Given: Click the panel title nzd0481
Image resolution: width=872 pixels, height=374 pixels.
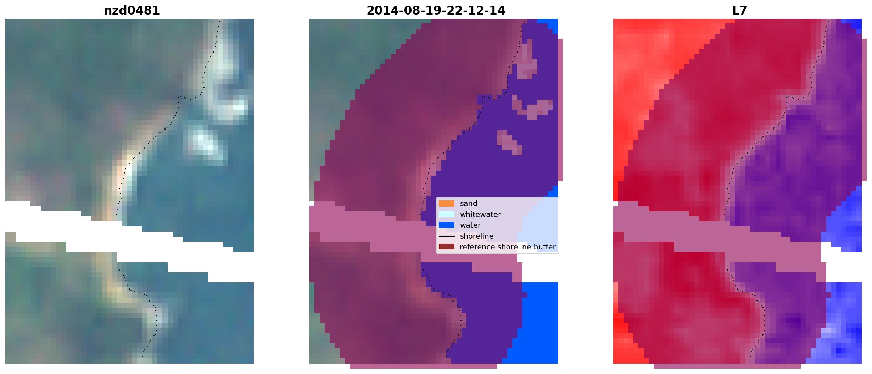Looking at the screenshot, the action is (132, 10).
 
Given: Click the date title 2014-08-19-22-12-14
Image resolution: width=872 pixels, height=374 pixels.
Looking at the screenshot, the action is (436, 10).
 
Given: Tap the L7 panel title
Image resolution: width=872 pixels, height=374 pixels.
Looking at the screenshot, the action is (739, 10).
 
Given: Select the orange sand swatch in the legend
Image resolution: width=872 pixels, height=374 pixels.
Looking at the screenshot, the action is (447, 204).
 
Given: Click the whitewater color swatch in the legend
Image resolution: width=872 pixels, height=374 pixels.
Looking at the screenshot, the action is (447, 214).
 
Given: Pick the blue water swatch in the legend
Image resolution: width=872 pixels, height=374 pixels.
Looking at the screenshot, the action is (447, 225).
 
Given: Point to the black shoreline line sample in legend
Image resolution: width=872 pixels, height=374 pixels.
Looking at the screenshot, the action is (447, 236).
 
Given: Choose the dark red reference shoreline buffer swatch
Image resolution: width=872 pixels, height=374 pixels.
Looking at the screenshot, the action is (447, 247).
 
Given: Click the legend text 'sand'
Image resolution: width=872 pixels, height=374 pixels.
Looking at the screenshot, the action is (469, 204).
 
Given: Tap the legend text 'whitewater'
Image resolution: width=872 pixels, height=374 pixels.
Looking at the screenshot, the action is (480, 214).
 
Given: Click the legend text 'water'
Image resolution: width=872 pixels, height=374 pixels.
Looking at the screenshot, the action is (470, 225).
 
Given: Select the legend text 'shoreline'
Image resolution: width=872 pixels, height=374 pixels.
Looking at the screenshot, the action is (476, 236).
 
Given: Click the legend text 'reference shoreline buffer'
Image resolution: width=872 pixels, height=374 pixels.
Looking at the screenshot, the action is (508, 247).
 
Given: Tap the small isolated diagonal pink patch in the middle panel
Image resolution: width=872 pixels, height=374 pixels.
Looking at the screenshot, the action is (510, 143).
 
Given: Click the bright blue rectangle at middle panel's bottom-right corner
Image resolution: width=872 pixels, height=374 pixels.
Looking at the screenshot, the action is (535, 323).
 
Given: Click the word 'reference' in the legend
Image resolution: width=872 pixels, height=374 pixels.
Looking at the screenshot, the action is (477, 247).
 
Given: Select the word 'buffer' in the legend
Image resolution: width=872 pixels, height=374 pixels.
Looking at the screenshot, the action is (546, 247).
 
